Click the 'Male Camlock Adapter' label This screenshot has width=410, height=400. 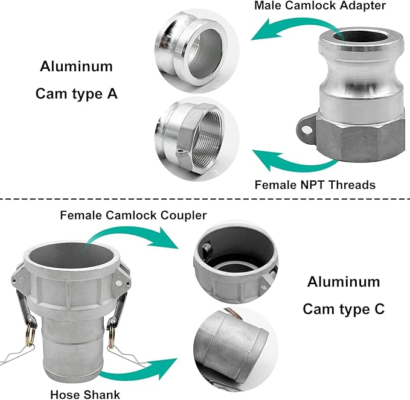click(320, 6)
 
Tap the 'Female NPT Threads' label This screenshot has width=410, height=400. click(315, 185)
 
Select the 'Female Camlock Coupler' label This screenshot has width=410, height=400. click(133, 215)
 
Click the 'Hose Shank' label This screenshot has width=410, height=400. click(85, 394)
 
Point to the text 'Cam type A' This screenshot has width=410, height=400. click(76, 94)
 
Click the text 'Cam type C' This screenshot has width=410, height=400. click(344, 309)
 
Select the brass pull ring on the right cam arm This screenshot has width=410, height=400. click(112, 334)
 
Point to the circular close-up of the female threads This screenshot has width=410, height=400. click(197, 139)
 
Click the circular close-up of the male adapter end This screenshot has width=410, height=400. click(197, 51)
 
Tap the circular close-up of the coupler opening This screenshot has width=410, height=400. click(236, 261)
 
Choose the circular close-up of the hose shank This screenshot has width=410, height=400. click(236, 349)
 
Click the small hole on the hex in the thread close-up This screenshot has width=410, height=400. click(179, 151)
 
